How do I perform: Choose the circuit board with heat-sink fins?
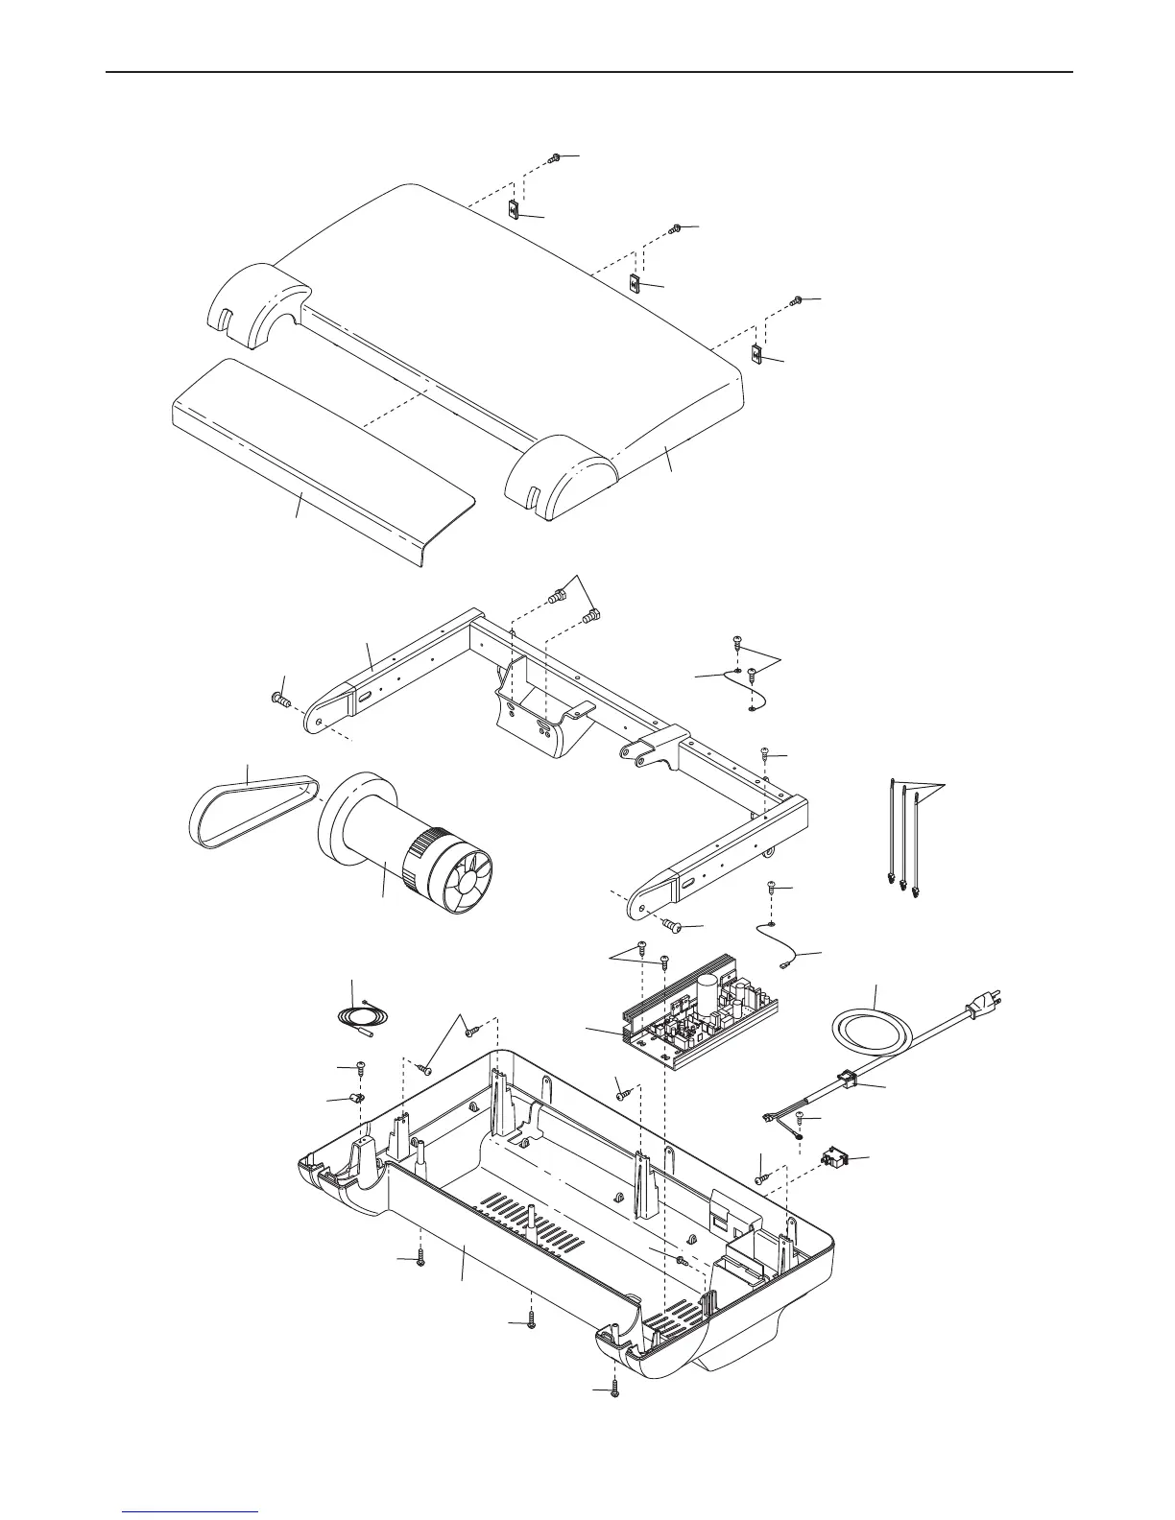click(696, 1017)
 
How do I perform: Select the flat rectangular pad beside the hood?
click(317, 451)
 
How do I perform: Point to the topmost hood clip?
click(514, 210)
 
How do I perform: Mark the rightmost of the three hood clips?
click(756, 355)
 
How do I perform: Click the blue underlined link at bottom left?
click(192, 1512)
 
